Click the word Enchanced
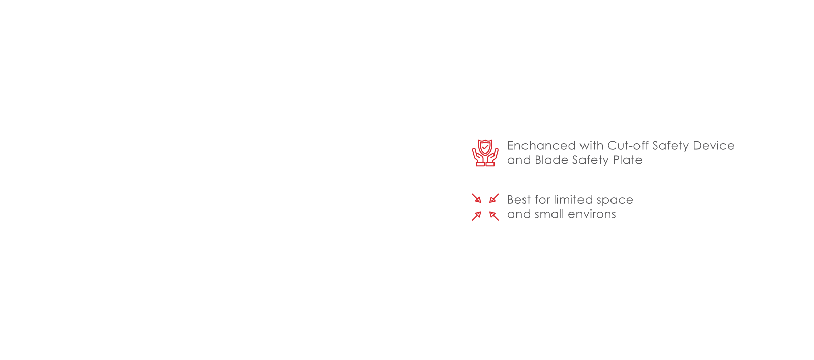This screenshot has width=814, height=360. (541, 145)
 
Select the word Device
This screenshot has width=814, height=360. (714, 145)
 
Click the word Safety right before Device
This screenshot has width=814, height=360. (671, 146)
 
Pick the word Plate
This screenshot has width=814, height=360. (628, 160)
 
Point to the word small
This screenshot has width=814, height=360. (549, 214)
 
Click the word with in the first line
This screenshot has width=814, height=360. (592, 145)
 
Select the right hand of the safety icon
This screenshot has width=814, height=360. (492, 158)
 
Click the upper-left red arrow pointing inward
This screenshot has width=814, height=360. (476, 198)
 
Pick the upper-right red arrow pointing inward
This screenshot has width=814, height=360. (494, 198)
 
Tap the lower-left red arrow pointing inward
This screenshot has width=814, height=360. (476, 216)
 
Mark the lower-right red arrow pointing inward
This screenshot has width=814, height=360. (494, 216)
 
